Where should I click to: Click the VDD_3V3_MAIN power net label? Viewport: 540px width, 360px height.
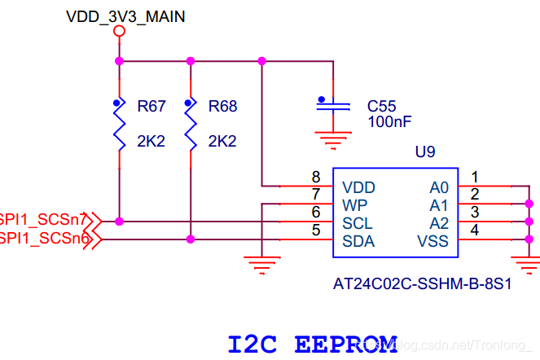coord(125,15)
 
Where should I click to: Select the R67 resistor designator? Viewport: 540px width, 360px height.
coord(151,106)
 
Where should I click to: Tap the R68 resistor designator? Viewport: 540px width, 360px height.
coord(222,106)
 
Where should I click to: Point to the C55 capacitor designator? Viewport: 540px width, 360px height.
coord(381,106)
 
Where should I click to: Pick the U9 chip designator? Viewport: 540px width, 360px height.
coord(425,152)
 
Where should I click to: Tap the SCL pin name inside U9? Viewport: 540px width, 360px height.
coord(357,222)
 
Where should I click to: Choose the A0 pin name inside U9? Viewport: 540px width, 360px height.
coord(439,187)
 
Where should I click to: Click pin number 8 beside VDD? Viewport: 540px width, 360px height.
coord(316,178)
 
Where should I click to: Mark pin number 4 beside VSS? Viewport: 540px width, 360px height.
coord(475,230)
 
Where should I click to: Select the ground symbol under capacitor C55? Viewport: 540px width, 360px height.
coord(332,143)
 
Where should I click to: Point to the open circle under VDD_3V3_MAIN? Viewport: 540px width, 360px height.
coord(119,32)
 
